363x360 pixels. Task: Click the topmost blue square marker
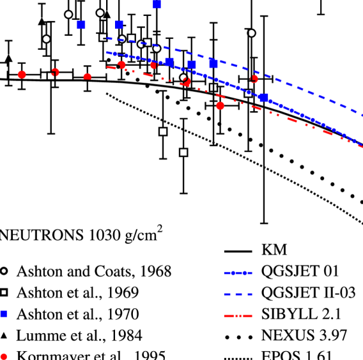(x=157, y=4)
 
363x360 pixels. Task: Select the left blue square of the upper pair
(x=81, y=25)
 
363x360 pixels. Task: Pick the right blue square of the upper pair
(x=120, y=25)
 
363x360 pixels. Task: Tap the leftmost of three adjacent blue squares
(x=169, y=62)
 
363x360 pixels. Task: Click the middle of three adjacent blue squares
(x=192, y=64)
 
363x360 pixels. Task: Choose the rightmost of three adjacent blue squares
(x=213, y=64)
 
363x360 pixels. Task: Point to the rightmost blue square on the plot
(x=263, y=98)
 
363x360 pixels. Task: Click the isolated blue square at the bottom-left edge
(x=3, y=314)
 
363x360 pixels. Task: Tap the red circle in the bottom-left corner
(x=3, y=357)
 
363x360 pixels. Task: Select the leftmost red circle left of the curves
(x=22, y=75)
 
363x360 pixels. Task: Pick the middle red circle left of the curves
(x=56, y=73)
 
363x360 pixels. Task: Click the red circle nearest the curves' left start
(x=88, y=77)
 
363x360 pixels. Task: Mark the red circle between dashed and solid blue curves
(x=254, y=79)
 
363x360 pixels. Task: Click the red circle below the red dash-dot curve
(x=220, y=106)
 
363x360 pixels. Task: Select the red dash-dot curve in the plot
(x=300, y=122)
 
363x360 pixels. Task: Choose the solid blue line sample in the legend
(x=238, y=273)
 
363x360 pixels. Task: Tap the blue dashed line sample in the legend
(x=238, y=294)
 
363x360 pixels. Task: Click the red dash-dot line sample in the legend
(x=238, y=316)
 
